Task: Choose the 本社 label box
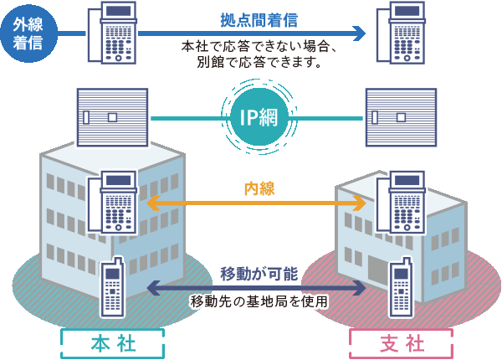(113, 343)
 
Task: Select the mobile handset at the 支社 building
(399, 286)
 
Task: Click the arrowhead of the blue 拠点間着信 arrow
(360, 33)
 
